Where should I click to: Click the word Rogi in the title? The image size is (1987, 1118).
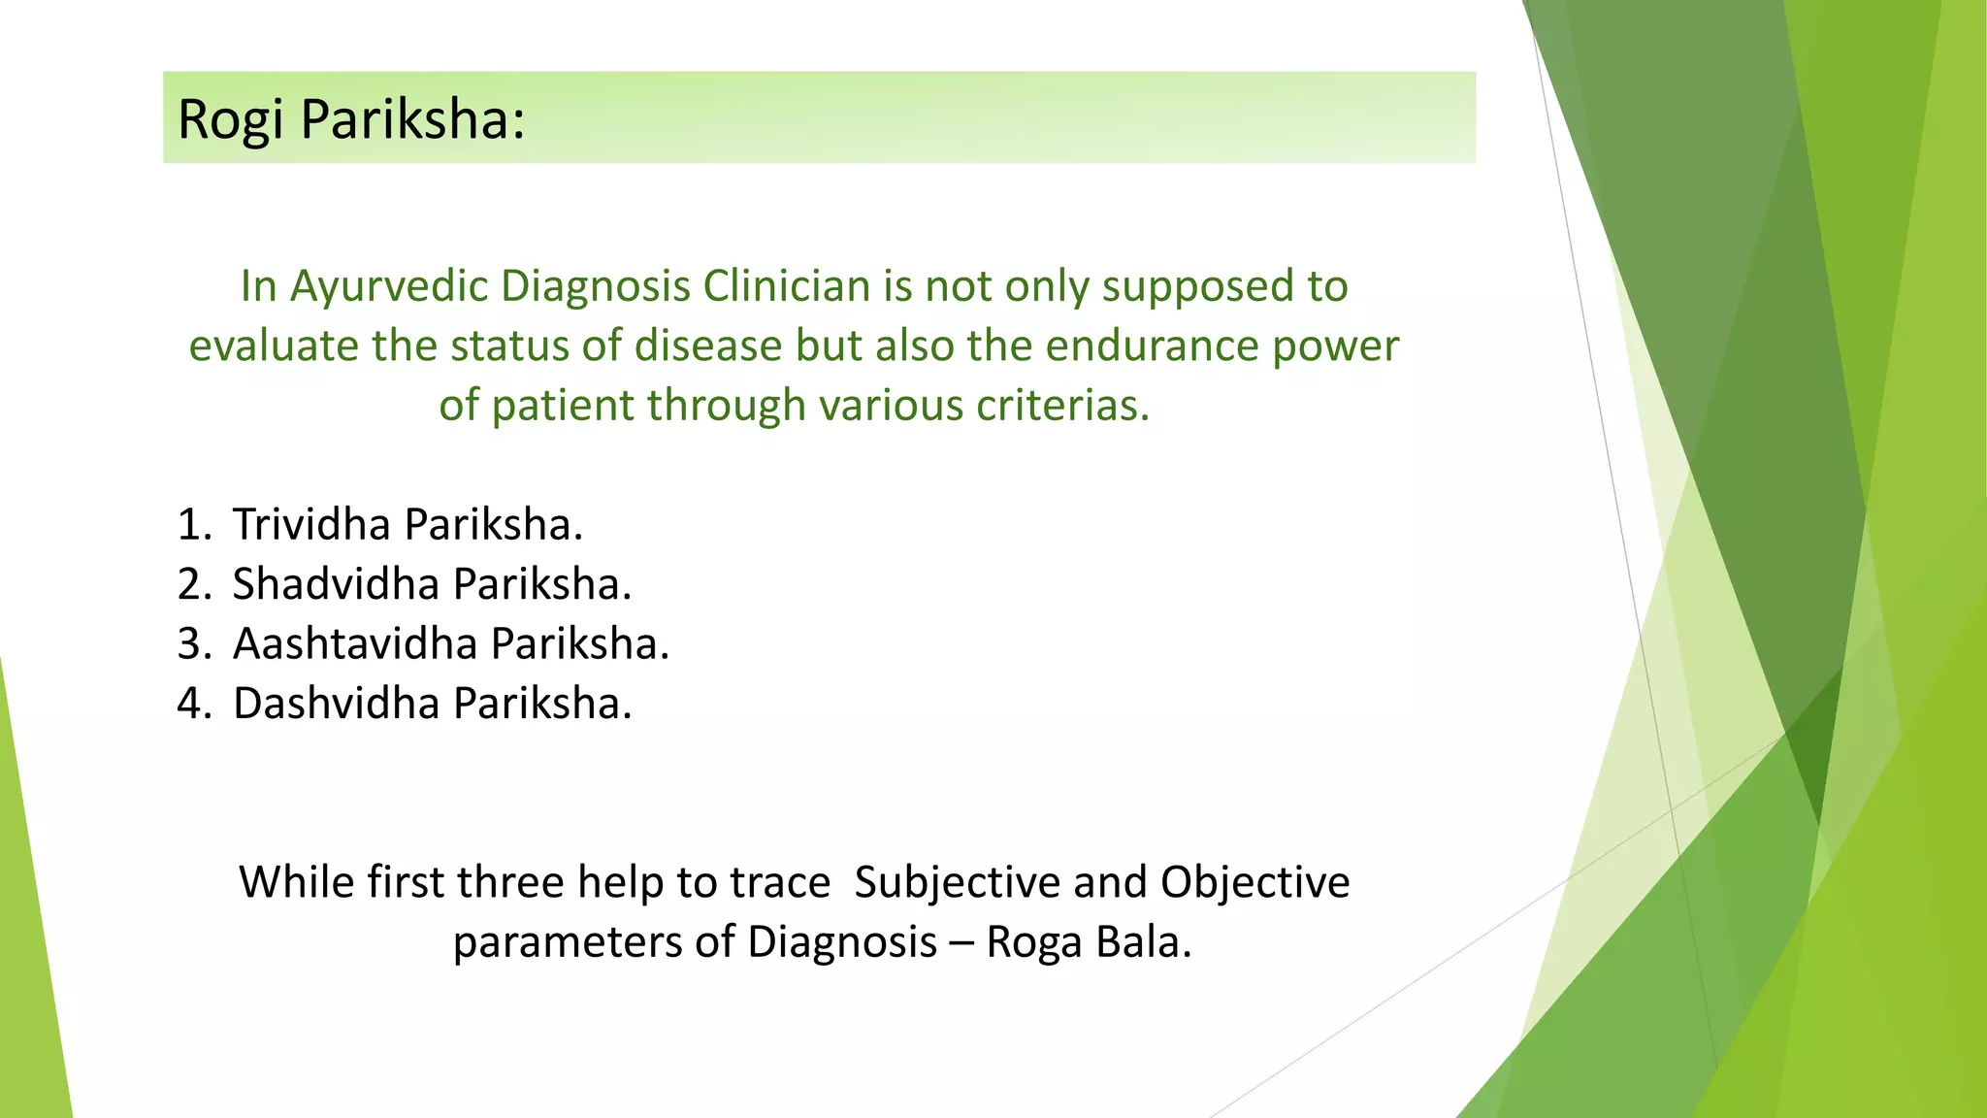coord(231,120)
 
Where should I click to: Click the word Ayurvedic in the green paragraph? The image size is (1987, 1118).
coord(393,286)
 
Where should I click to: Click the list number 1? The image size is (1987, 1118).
coord(191,525)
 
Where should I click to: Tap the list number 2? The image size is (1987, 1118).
coord(191,584)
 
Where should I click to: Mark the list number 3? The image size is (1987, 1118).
coord(191,644)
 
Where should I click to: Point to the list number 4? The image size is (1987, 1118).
coord(191,704)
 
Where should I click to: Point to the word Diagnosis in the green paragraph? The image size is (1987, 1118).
coord(596,286)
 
